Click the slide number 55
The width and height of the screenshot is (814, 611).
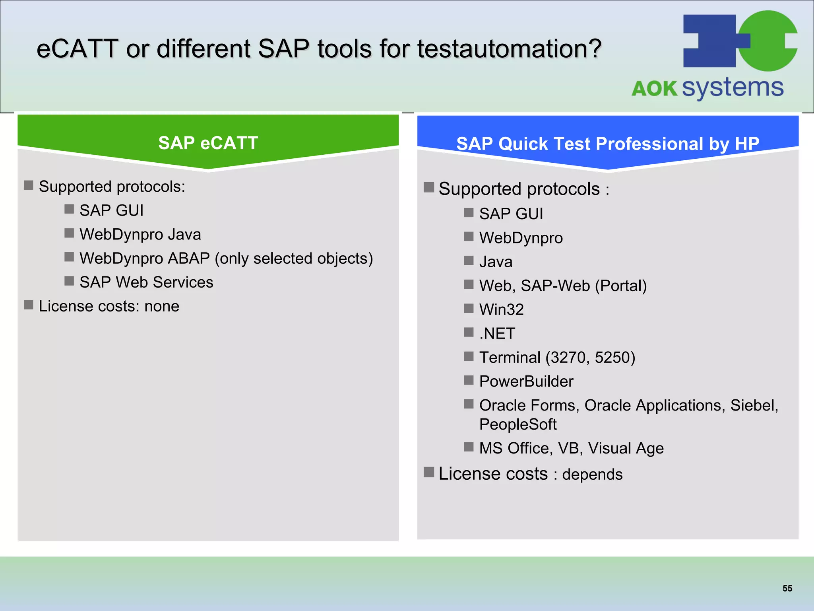pyautogui.click(x=787, y=588)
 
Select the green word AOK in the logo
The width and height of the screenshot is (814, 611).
pyautogui.click(x=655, y=89)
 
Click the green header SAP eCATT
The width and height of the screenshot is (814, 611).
pyautogui.click(x=208, y=143)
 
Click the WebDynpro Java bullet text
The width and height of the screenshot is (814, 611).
pyautogui.click(x=140, y=234)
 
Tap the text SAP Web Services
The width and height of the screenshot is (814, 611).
pyautogui.click(x=146, y=282)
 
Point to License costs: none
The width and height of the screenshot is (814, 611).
pyautogui.click(x=109, y=306)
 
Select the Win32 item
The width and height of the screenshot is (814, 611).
pyautogui.click(x=501, y=309)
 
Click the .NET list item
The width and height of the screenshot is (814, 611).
pyautogui.click(x=497, y=333)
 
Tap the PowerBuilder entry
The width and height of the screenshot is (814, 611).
pyautogui.click(x=526, y=381)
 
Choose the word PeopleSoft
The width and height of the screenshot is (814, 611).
pyautogui.click(x=517, y=424)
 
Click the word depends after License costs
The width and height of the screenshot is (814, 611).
pyautogui.click(x=592, y=475)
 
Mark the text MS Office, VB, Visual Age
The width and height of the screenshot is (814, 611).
pyautogui.click(x=571, y=448)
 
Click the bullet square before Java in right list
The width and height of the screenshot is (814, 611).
pyautogui.click(x=469, y=261)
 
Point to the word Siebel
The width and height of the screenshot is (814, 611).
pyautogui.click(x=754, y=405)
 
